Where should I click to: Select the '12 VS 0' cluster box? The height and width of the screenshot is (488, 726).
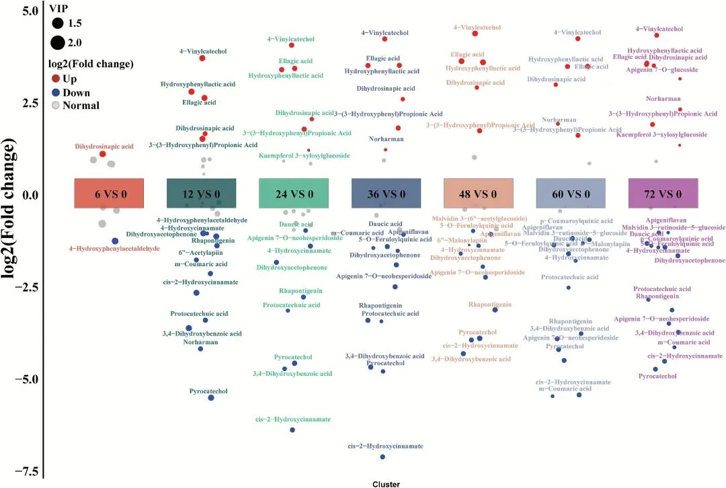(201, 194)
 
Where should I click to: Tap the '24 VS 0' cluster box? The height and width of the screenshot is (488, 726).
(294, 194)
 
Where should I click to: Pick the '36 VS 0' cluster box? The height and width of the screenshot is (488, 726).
(386, 194)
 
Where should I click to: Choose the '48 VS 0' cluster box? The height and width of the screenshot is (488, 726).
(479, 194)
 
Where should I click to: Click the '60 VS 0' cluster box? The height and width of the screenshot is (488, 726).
(571, 194)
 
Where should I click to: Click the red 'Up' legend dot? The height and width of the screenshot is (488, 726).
(56, 79)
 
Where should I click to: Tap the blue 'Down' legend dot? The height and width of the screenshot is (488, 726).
(56, 93)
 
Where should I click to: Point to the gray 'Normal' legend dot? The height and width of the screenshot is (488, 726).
(56, 106)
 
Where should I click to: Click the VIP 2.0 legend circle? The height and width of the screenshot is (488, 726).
(57, 43)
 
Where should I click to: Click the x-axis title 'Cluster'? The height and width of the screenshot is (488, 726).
(386, 483)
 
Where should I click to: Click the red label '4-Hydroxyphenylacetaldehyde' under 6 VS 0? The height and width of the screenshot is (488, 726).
(114, 249)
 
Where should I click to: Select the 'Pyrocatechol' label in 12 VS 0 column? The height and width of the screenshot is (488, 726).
(208, 391)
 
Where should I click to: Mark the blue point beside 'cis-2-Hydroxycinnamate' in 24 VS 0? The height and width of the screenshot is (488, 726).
(292, 430)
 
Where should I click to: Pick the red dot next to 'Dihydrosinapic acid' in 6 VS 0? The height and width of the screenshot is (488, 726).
(103, 154)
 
